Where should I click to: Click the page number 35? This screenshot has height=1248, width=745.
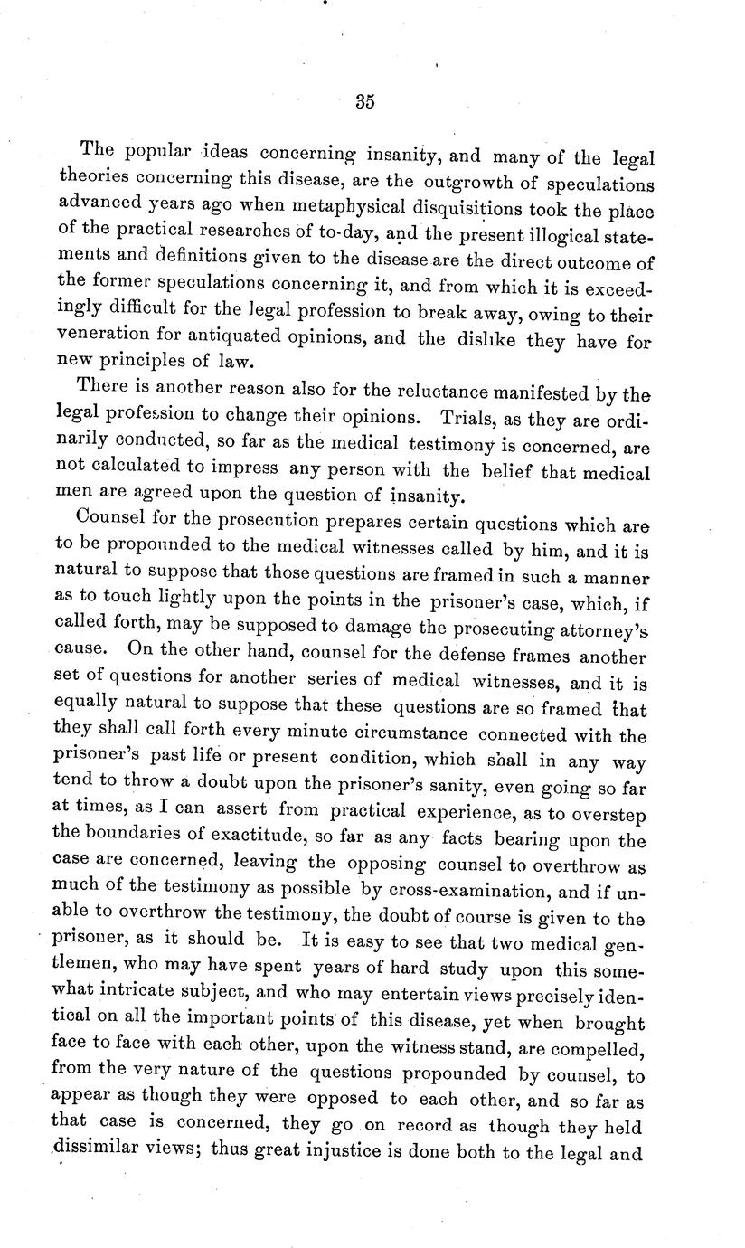coord(364,101)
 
